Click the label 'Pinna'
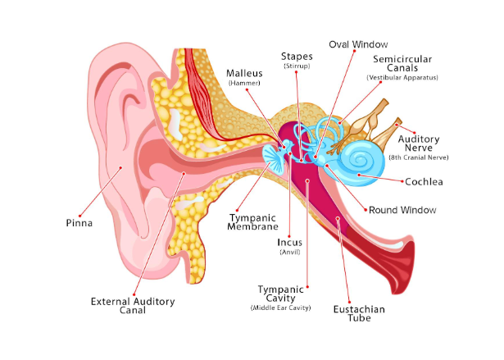79,222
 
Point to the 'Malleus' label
243,73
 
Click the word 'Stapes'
295,55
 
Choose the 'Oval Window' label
358,43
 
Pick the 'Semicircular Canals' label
403,64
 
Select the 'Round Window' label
402,211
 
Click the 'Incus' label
289,242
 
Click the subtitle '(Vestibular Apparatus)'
403,78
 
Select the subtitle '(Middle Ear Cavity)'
280,308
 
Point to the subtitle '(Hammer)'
243,84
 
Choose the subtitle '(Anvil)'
289,253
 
